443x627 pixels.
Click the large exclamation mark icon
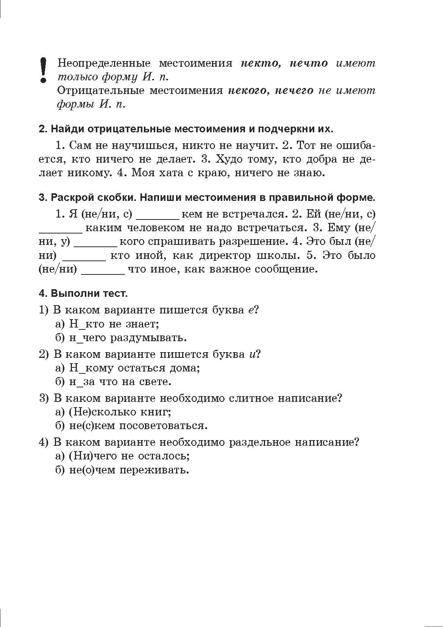pos(44,70)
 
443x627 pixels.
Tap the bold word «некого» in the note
pos(247,91)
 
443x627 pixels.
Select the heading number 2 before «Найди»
pos(43,129)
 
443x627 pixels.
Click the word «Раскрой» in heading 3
pos(71,198)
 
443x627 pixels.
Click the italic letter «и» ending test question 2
pos(253,354)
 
